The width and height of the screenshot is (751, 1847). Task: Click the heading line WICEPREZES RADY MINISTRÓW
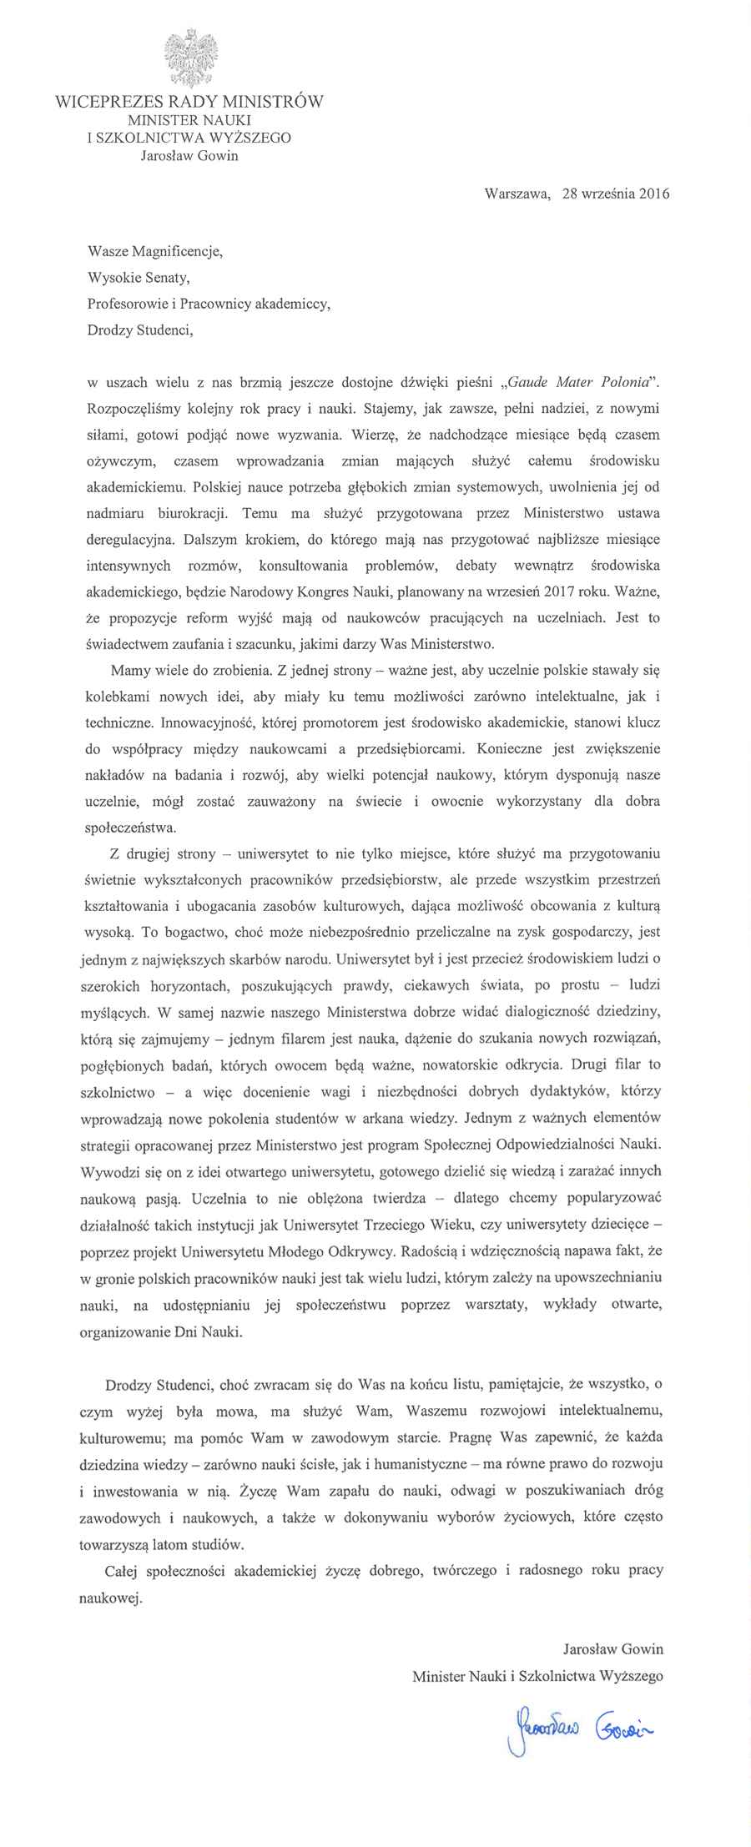pyautogui.click(x=189, y=103)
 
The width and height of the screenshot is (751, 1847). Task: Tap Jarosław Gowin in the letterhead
pyautogui.click(x=189, y=155)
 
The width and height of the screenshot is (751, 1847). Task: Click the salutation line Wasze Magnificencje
pyautogui.click(x=155, y=250)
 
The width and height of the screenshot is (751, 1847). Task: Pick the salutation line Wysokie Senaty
pyautogui.click(x=144, y=277)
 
